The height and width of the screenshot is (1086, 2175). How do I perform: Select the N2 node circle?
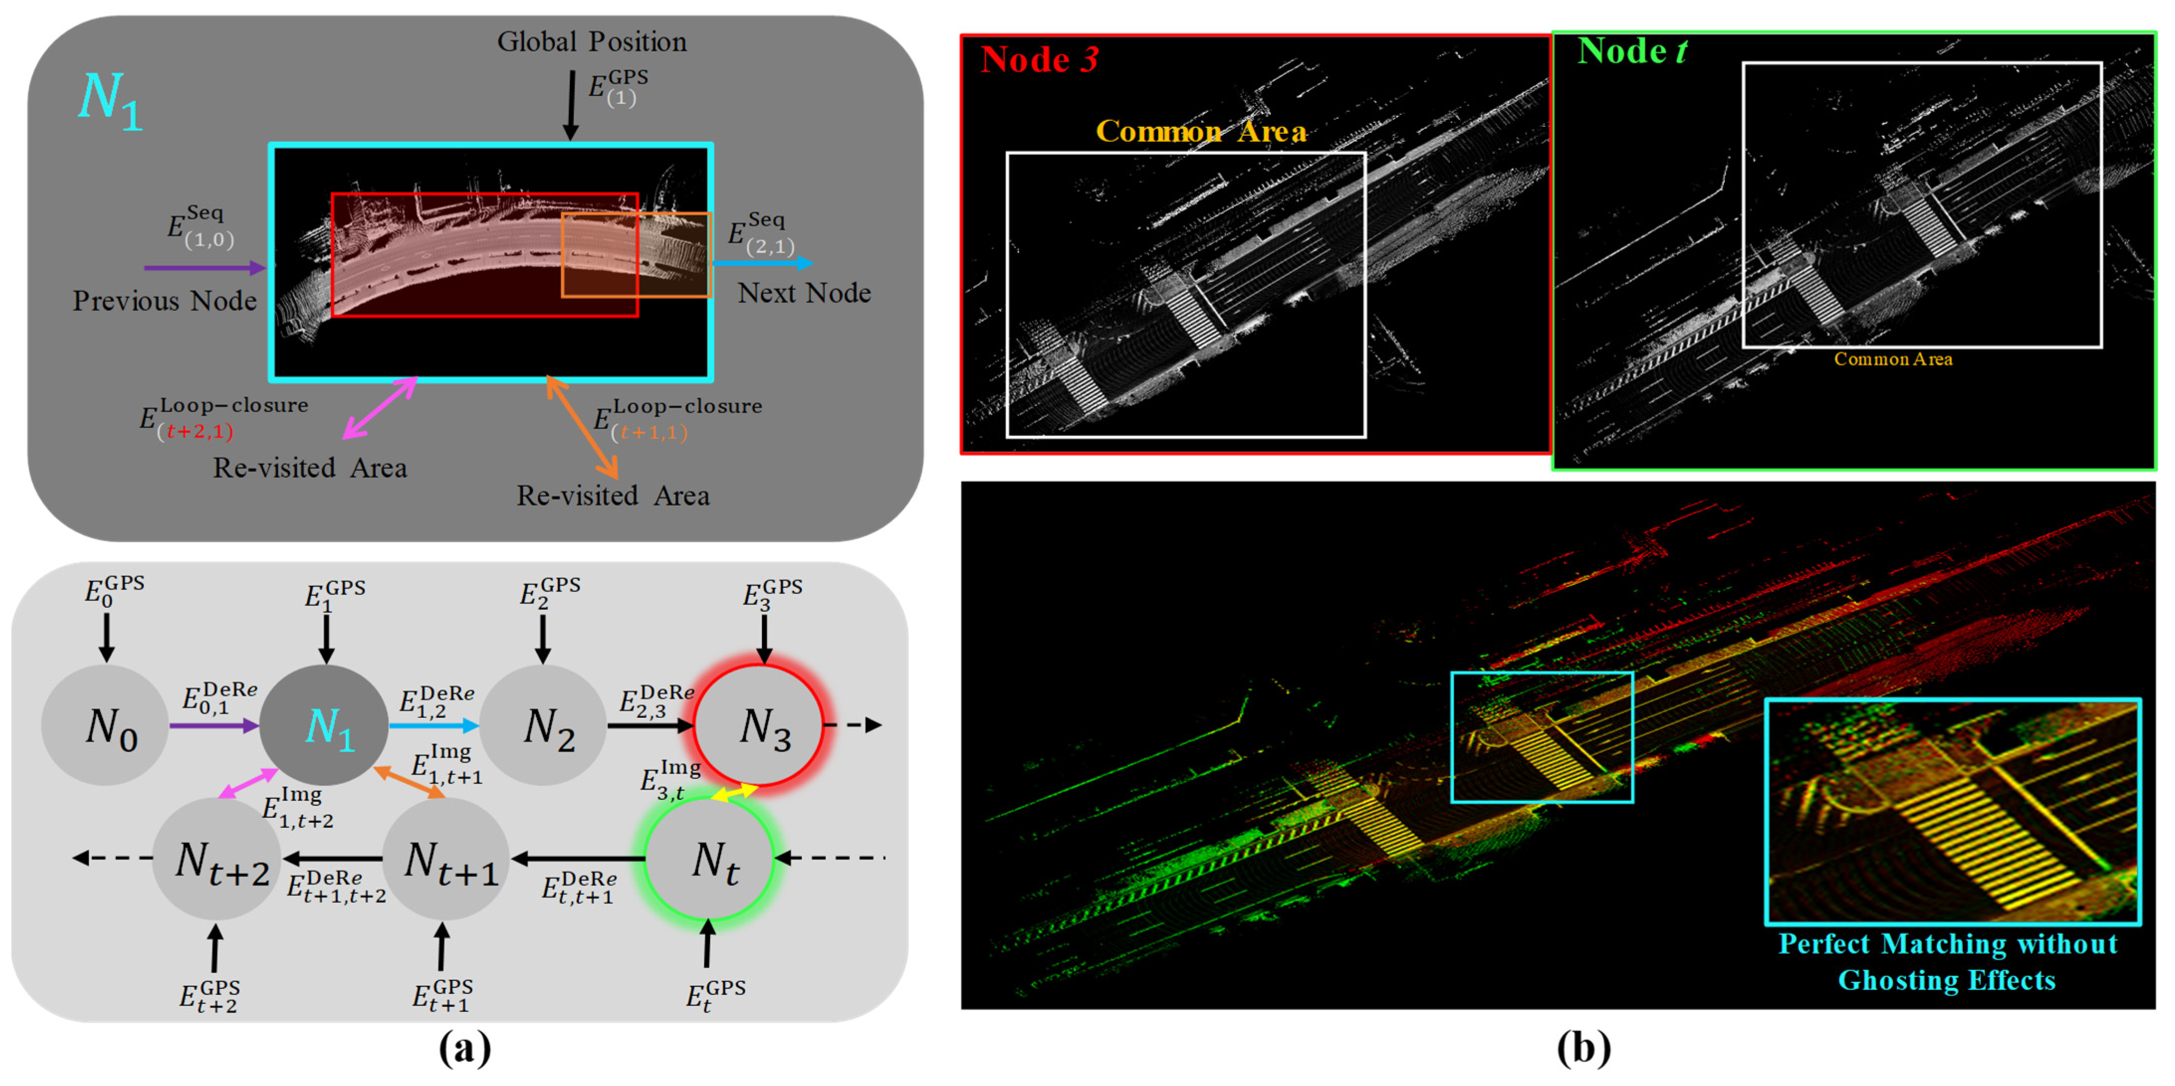click(x=544, y=726)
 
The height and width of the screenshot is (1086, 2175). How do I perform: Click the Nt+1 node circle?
click(x=446, y=859)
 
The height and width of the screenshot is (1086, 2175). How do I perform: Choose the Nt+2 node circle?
click(x=217, y=859)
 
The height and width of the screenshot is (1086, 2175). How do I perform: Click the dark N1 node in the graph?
click(x=324, y=726)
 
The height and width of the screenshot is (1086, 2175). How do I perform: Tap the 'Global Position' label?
click(x=591, y=41)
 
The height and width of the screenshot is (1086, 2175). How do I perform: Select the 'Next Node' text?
click(x=804, y=293)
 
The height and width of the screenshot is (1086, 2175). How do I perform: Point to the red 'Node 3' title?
click(x=1039, y=59)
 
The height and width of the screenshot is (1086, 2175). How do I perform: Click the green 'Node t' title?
click(x=1631, y=51)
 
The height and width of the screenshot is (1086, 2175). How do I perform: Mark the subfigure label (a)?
click(x=464, y=1049)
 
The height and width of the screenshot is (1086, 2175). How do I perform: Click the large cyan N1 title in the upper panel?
click(x=110, y=101)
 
